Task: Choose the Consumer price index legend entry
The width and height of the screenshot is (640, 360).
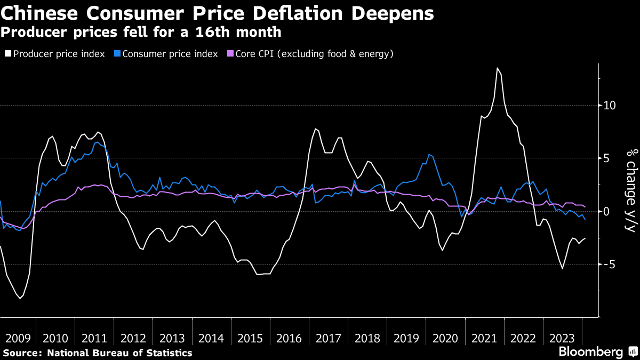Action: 170,54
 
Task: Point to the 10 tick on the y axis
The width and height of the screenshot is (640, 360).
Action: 609,106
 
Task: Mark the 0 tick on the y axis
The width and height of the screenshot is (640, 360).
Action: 605,212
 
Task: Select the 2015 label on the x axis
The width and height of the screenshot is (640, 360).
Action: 250,338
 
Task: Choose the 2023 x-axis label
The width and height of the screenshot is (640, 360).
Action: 562,338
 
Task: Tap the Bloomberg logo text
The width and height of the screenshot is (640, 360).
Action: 590,352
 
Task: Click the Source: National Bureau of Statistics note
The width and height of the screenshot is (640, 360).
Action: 98,353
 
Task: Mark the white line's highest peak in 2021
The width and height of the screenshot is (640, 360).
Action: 497,68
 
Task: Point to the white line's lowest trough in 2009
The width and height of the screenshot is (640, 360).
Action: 20,298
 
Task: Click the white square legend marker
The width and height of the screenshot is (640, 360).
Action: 7,54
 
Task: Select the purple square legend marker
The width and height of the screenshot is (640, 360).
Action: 230,54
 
